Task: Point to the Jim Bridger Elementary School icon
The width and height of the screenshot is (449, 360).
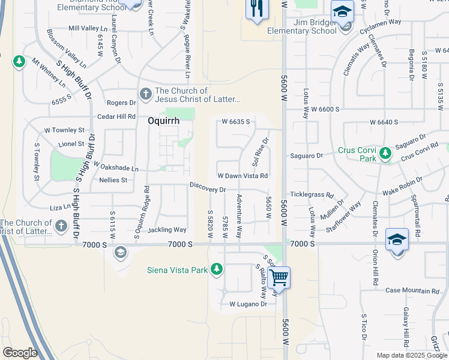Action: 342,12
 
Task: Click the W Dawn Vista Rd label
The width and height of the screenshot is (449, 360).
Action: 242,176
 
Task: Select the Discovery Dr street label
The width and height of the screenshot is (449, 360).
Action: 208,189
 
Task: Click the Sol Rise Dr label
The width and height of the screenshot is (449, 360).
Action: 259,152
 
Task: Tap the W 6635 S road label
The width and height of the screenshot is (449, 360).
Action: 235,122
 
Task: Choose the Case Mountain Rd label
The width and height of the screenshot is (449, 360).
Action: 412,291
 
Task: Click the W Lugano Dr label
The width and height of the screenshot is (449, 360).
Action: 249,304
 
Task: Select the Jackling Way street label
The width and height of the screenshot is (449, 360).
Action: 167,230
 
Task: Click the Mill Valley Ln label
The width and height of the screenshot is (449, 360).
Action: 88,28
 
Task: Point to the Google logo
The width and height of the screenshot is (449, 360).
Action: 19,352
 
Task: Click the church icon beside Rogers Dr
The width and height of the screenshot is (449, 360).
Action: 145,94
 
